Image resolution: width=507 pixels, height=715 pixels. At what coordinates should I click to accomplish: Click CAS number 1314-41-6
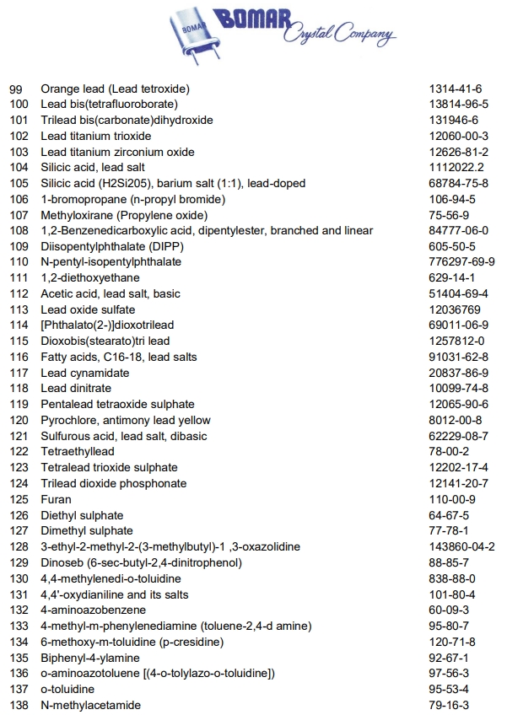tap(456, 89)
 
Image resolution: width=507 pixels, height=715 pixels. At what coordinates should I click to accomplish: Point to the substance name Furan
tap(55, 499)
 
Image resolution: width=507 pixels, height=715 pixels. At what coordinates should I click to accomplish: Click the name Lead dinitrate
tap(76, 389)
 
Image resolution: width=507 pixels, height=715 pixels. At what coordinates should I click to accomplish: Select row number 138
tap(19, 705)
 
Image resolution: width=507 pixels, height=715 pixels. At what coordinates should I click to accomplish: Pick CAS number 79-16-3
tap(449, 705)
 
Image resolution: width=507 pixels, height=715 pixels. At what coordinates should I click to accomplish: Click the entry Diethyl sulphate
tap(82, 515)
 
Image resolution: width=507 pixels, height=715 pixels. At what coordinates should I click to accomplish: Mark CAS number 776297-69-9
tap(461, 262)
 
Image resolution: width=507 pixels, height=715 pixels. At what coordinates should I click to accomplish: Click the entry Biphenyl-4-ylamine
tap(90, 658)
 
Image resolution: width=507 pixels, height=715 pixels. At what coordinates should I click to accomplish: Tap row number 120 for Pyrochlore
tap(19, 420)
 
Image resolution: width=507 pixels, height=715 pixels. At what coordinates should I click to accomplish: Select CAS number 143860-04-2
tap(461, 546)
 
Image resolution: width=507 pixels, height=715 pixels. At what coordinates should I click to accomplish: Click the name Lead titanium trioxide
tap(96, 136)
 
